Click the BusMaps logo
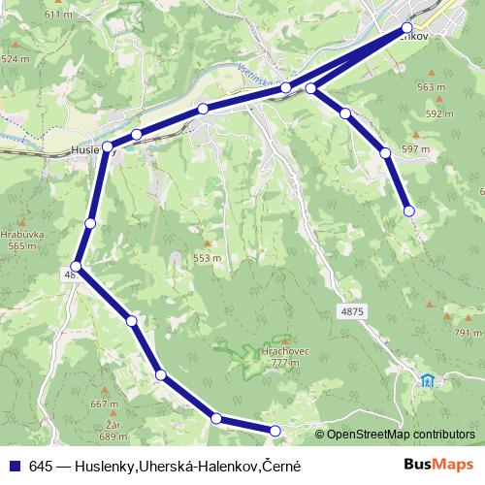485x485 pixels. click(438, 465)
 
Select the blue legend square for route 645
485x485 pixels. click(15, 466)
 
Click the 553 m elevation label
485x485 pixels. click(208, 258)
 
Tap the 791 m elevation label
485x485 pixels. click(461, 333)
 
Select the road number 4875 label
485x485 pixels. click(352, 311)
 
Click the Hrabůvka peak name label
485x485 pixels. click(18, 234)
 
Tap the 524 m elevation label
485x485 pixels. click(16, 58)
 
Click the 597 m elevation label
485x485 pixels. click(415, 148)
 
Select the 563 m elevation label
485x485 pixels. click(431, 87)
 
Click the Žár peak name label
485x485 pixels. click(113, 425)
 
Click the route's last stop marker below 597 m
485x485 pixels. click(409, 210)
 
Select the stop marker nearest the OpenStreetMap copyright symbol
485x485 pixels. click(275, 430)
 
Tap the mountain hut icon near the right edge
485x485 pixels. click(428, 379)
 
